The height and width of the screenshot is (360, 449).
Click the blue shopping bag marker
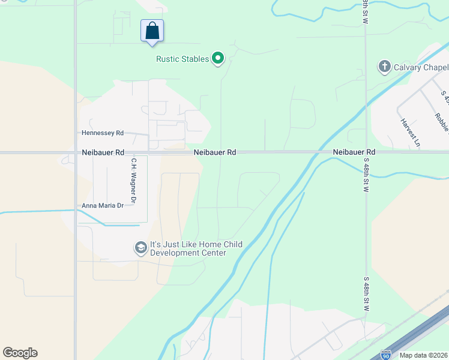coord(152,31)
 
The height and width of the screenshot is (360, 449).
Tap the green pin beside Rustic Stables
coord(218,58)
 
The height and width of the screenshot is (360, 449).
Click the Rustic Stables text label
coord(182,59)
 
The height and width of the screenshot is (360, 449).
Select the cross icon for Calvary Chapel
coord(385,66)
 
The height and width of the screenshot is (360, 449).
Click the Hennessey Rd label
coord(103,133)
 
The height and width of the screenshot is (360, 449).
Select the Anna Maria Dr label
coord(103,205)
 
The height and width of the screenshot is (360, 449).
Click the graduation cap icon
coord(140,248)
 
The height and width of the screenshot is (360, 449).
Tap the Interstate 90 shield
coord(387,355)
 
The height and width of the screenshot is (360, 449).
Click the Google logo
coord(20,353)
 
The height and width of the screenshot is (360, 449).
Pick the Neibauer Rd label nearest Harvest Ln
coord(354,152)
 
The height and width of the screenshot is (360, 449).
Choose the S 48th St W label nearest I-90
coord(366,294)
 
